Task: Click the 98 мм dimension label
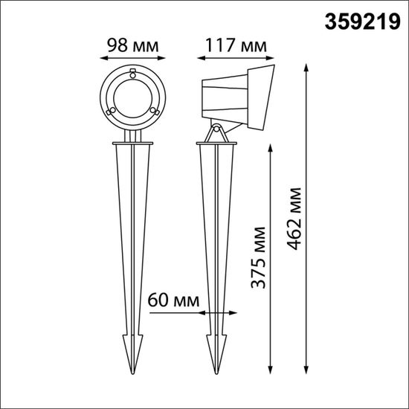[131, 44]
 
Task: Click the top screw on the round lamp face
[132, 74]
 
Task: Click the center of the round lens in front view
[132, 97]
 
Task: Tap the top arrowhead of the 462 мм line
[307, 68]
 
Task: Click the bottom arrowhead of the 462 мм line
[307, 376]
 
